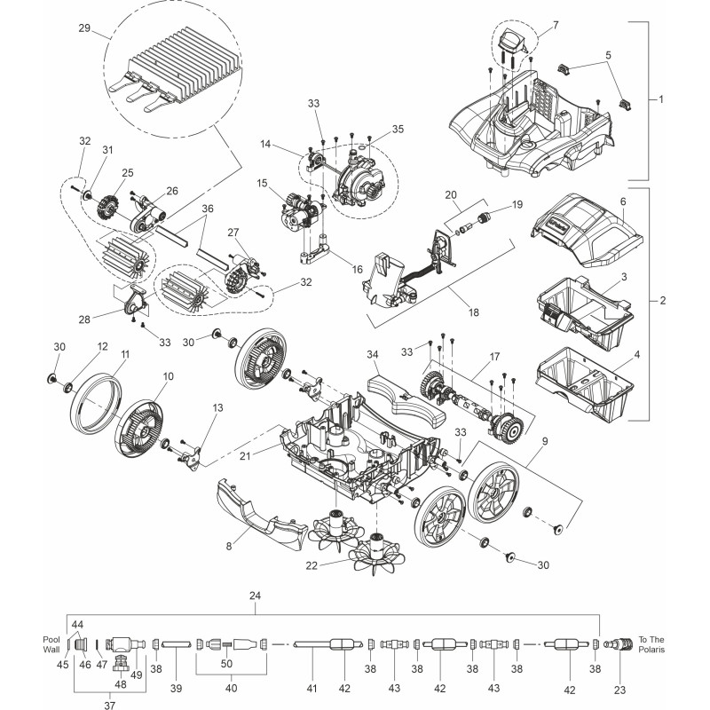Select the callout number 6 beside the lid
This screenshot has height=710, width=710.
pyautogui.click(x=623, y=201)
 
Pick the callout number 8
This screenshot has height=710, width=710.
pyautogui.click(x=228, y=546)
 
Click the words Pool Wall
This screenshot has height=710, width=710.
pyautogui.click(x=51, y=645)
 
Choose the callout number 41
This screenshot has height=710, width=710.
pyautogui.click(x=312, y=688)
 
